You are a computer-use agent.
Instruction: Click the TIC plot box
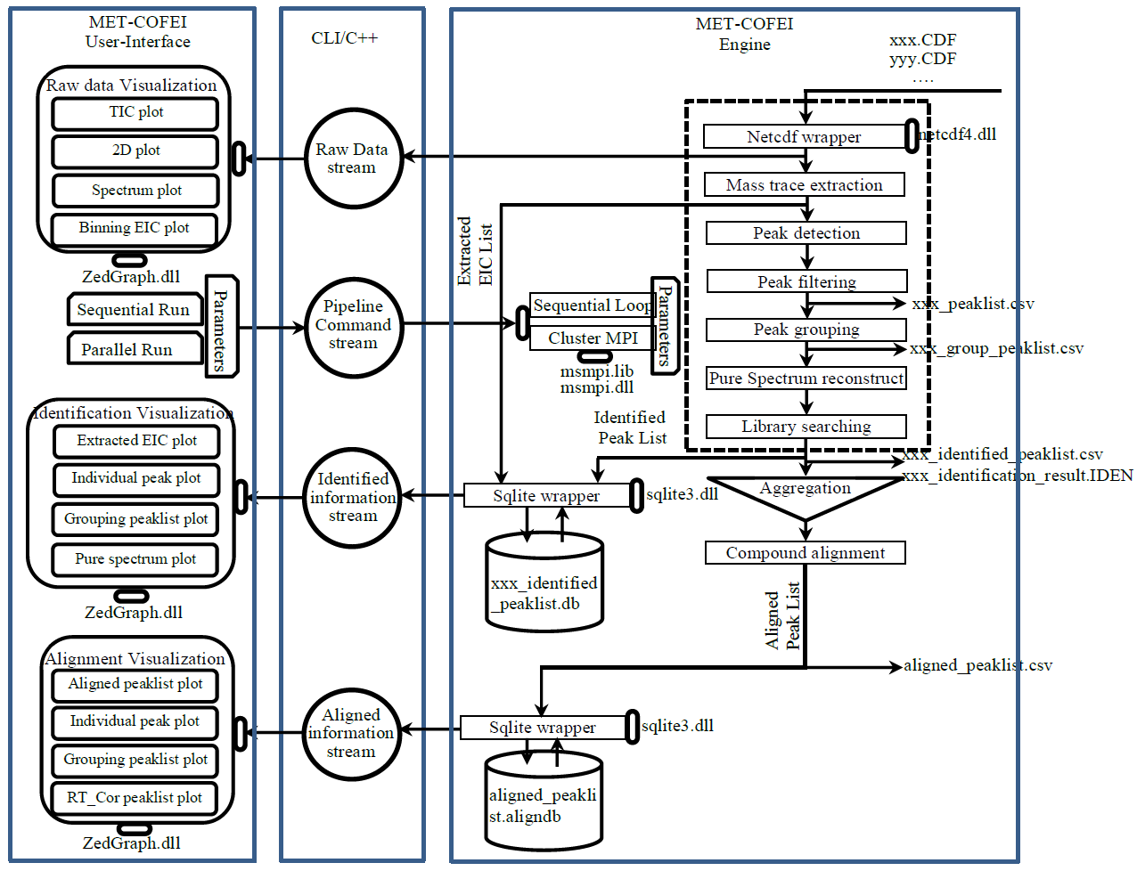click(x=135, y=113)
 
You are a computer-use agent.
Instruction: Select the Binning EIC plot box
click(x=134, y=228)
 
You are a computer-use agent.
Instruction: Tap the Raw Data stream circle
click(x=353, y=159)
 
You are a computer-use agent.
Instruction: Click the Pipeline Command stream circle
click(x=353, y=325)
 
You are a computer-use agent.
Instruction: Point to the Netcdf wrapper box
click(x=804, y=137)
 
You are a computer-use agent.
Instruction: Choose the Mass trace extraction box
click(x=804, y=185)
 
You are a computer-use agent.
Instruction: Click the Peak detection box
click(x=806, y=233)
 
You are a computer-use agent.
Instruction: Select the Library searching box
click(x=806, y=427)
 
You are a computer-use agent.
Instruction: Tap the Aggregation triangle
click(x=806, y=495)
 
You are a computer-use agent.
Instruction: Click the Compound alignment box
click(x=805, y=553)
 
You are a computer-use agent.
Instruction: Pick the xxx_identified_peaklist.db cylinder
click(x=544, y=583)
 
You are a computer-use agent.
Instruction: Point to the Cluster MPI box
click(x=593, y=338)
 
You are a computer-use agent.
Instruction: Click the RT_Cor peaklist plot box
click(x=135, y=798)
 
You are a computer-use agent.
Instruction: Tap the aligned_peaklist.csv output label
click(x=977, y=665)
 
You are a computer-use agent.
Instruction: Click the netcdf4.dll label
click(x=959, y=134)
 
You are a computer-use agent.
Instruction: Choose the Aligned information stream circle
click(x=351, y=733)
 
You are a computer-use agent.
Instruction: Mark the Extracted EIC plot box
click(x=136, y=441)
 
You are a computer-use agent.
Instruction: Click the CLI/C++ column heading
click(x=344, y=38)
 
